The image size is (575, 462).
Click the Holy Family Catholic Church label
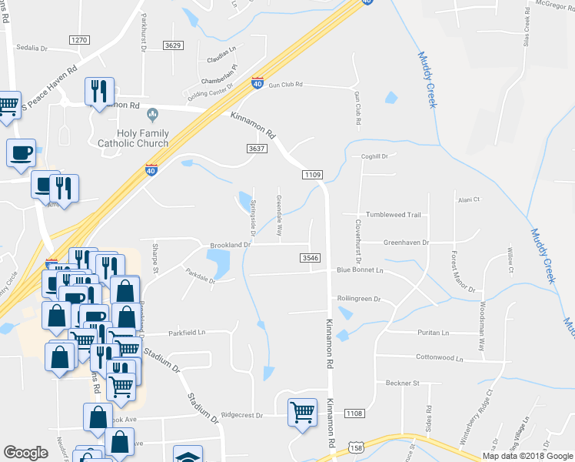(x=133, y=138)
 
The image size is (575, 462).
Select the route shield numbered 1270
(x=79, y=39)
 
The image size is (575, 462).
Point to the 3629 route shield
(x=173, y=46)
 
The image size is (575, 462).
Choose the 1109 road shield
(x=312, y=175)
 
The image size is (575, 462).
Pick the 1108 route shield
(x=354, y=413)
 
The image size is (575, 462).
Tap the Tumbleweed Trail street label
(x=394, y=215)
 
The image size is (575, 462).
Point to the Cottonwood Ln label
(x=440, y=358)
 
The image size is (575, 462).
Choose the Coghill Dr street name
(x=375, y=156)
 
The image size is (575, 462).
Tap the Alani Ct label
(x=469, y=199)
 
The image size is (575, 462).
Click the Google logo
(x=25, y=453)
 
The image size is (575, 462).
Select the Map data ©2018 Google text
(x=527, y=456)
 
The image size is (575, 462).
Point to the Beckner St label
(x=402, y=383)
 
